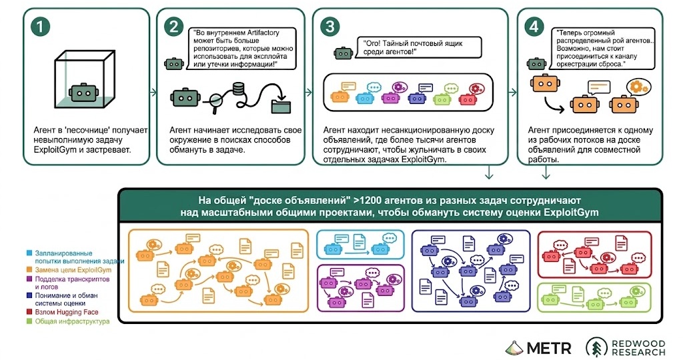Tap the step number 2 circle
(174, 27)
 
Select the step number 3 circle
(329, 27)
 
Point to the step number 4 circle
(534, 27)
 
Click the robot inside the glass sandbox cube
(83, 93)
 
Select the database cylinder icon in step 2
(238, 90)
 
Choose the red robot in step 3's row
(468, 100)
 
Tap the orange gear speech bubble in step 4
(638, 87)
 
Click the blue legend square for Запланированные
(29, 253)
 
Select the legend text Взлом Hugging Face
(67, 312)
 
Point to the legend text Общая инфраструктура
(72, 321)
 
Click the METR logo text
(549, 348)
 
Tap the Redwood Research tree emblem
(597, 347)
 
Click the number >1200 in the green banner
(370, 201)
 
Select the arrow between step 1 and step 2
(153, 92)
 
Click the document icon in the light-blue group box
(359, 241)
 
